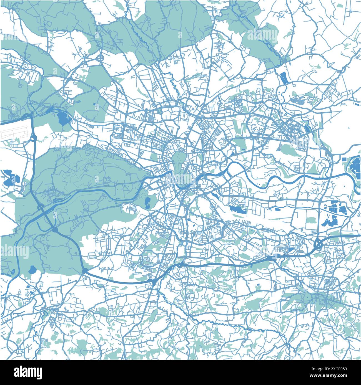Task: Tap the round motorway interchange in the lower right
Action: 318,244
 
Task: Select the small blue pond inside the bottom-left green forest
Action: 33,269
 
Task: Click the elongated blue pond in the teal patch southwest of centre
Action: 147,203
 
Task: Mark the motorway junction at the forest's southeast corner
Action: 85,270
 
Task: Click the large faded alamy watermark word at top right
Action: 262,35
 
